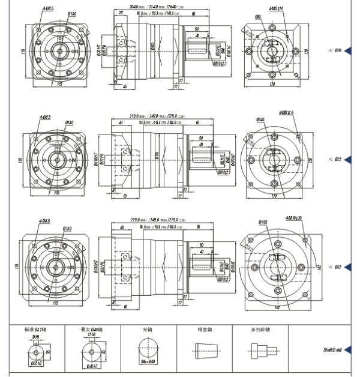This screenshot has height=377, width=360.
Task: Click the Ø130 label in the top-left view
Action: [71, 13]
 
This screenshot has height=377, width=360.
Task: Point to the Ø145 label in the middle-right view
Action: [261, 119]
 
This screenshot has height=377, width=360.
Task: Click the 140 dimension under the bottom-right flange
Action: [277, 307]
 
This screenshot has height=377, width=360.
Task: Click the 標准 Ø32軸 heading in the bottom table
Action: [37, 330]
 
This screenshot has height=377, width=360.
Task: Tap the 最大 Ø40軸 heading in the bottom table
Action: [92, 330]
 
